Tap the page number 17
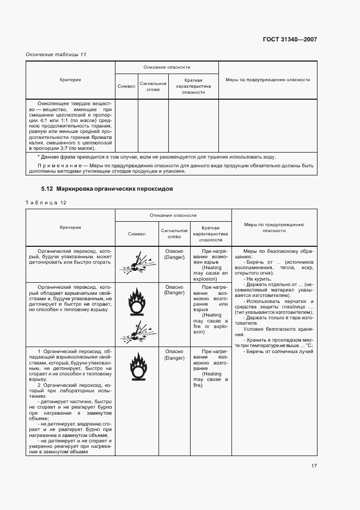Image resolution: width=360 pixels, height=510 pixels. coord(314,465)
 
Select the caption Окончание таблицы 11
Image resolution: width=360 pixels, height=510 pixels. coord(56,54)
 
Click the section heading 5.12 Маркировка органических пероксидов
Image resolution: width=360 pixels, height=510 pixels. coord(107,189)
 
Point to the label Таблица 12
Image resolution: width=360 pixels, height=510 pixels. coord(46,203)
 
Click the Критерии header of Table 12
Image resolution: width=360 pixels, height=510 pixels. coord(70,227)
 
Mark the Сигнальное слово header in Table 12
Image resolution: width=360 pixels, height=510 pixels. coord(174,233)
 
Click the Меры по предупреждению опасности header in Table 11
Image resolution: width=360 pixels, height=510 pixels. coord(267,80)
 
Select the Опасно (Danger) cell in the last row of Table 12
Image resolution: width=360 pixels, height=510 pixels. coord(174,355)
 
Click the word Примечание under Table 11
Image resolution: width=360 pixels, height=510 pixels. coord(54,165)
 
